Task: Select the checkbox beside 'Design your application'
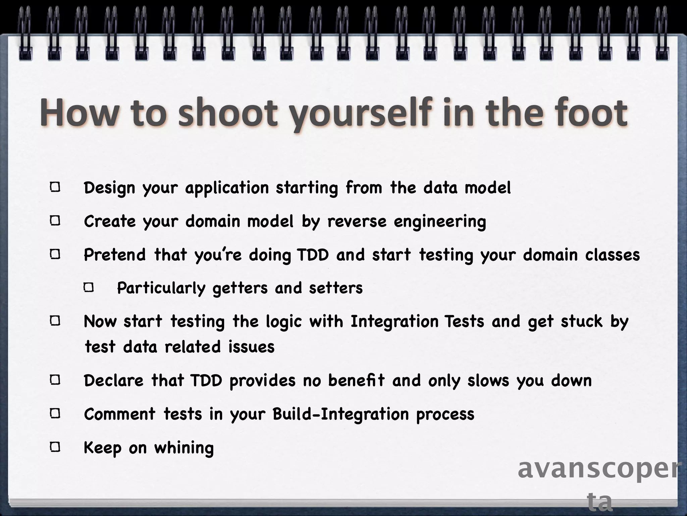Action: click(x=55, y=187)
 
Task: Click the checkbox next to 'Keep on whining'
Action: click(x=55, y=447)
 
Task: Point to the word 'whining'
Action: click(x=184, y=448)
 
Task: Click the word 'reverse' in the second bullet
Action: click(x=357, y=221)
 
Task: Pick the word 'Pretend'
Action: click(x=114, y=254)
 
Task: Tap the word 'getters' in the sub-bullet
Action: click(x=240, y=288)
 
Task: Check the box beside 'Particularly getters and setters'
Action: click(x=89, y=288)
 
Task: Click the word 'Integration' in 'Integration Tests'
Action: click(x=394, y=321)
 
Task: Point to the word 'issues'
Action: click(x=251, y=347)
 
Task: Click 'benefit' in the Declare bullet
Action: click(x=356, y=381)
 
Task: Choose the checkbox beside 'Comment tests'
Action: click(x=55, y=414)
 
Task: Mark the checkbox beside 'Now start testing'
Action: click(x=55, y=321)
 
